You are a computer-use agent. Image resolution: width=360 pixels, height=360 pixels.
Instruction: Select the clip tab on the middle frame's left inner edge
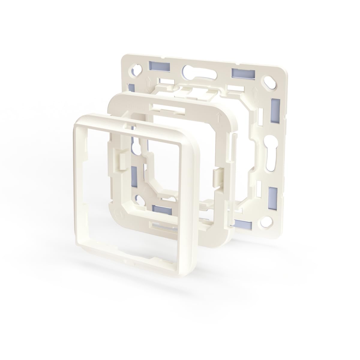point(123,160)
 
